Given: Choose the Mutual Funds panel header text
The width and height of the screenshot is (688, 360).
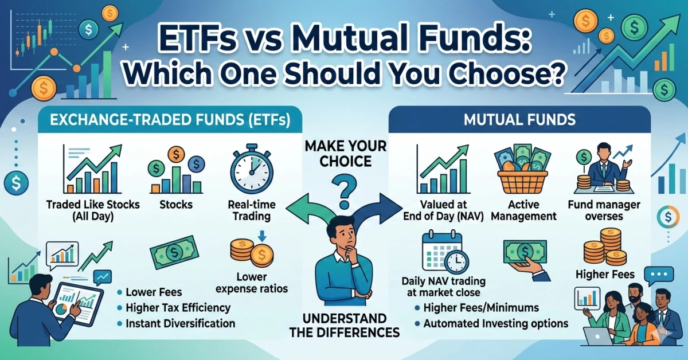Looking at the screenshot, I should coord(519,120).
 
